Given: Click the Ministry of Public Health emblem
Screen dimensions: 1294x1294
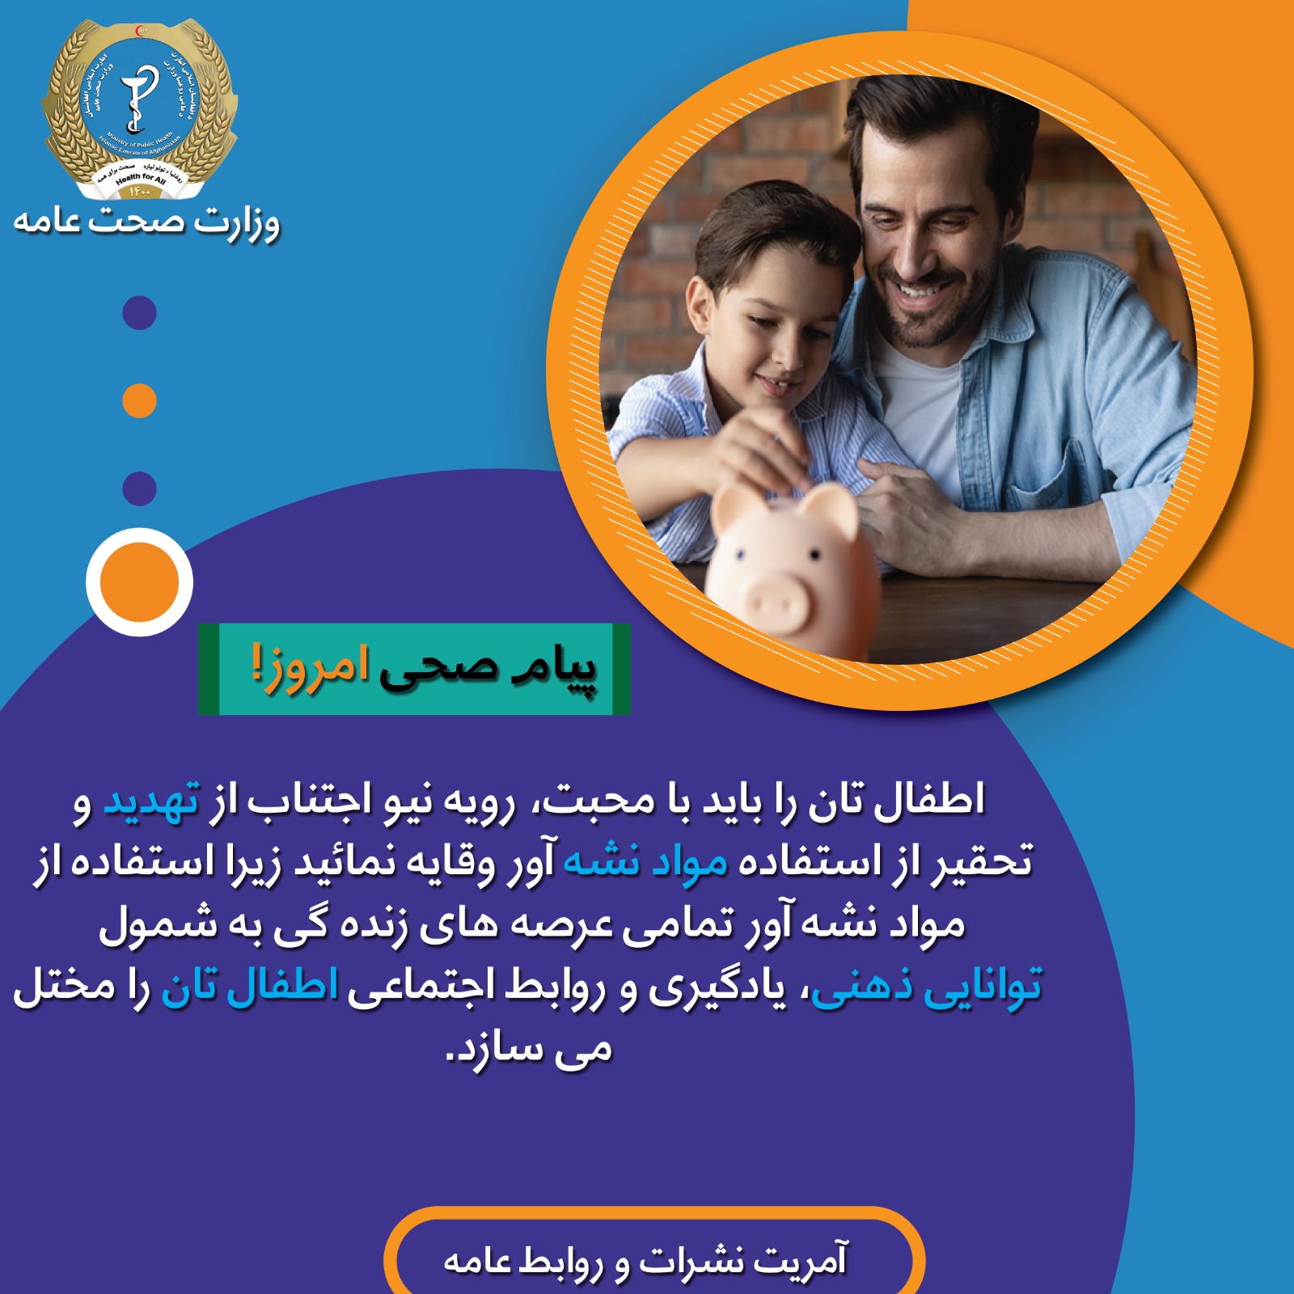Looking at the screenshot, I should tap(140, 109).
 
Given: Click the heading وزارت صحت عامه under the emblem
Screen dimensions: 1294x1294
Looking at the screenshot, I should tap(146, 221).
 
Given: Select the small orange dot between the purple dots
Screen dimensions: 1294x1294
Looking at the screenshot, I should tap(139, 401).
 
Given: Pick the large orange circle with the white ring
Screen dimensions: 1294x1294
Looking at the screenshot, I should tap(139, 582).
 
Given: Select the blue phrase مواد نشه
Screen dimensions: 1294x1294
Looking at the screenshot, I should tap(645, 862).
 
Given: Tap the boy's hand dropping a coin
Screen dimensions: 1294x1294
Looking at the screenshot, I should tap(760, 453).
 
